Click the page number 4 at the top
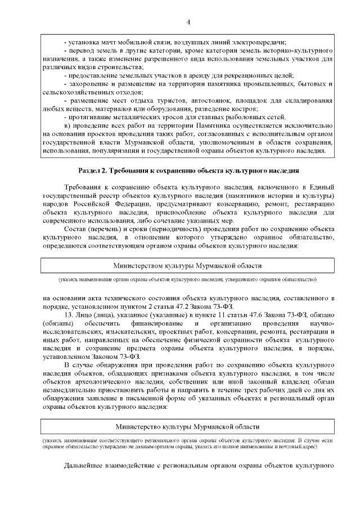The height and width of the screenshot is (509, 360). [188, 21]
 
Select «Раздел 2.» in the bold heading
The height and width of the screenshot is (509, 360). [92, 170]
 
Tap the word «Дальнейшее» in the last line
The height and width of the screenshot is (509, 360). [84, 466]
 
